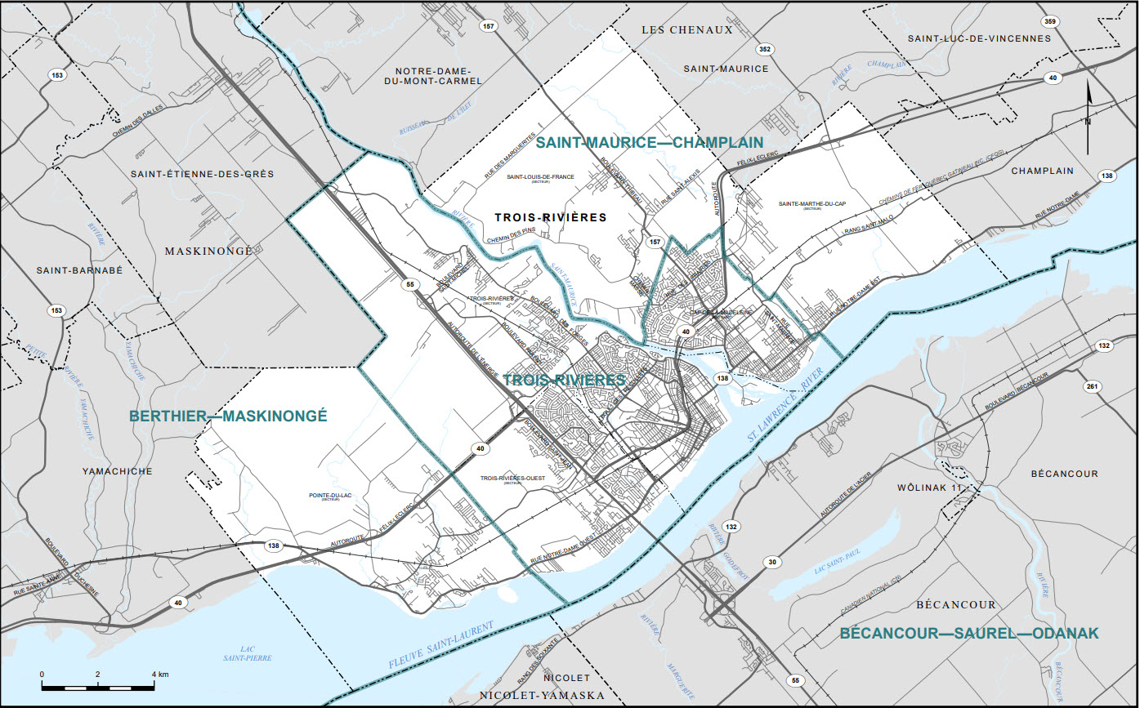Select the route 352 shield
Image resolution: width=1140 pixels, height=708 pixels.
[764, 49]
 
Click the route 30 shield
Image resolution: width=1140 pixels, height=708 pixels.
[771, 563]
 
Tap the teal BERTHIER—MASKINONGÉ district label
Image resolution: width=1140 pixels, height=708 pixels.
[228, 416]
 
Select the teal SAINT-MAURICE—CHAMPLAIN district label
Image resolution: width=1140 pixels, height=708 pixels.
[649, 143]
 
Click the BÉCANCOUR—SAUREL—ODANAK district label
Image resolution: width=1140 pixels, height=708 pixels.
[969, 633]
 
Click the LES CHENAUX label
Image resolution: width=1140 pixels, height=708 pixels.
[686, 30]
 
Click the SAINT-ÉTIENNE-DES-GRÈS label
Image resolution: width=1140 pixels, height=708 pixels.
[203, 174]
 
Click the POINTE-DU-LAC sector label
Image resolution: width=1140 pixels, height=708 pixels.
[330, 496]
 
